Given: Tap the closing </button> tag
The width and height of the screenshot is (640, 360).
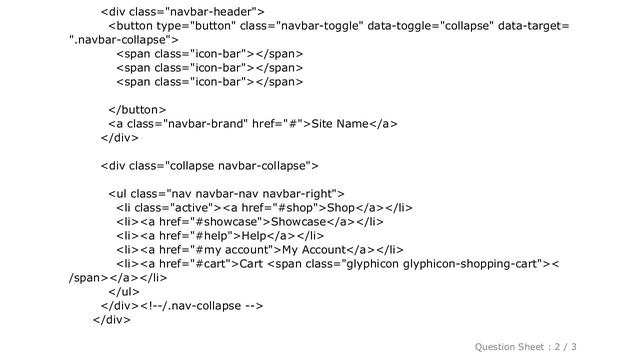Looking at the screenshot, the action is (x=137, y=110).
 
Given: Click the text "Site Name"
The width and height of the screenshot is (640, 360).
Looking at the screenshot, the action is (x=340, y=124).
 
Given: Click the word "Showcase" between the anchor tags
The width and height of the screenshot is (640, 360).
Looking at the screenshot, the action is (x=298, y=222).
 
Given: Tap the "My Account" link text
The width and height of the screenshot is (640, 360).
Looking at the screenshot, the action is (x=314, y=249).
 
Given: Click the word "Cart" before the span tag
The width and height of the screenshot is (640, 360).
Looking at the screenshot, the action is (x=251, y=264).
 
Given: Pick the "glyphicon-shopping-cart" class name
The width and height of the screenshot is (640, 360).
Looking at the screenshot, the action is (x=470, y=264).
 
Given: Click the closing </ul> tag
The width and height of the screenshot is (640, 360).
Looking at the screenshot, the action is (x=124, y=292).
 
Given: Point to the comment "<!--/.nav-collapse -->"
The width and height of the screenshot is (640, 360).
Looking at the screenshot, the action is (x=202, y=306).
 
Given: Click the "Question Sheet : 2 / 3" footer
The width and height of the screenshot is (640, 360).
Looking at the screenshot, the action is (x=525, y=347).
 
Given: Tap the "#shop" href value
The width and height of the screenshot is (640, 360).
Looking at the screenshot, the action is (x=296, y=208).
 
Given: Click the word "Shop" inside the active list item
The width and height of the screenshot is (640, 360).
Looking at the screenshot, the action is (x=341, y=208).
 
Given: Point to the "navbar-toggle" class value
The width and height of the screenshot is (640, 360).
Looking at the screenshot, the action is (x=320, y=26).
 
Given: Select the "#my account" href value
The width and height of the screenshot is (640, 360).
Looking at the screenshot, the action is (x=233, y=249).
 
